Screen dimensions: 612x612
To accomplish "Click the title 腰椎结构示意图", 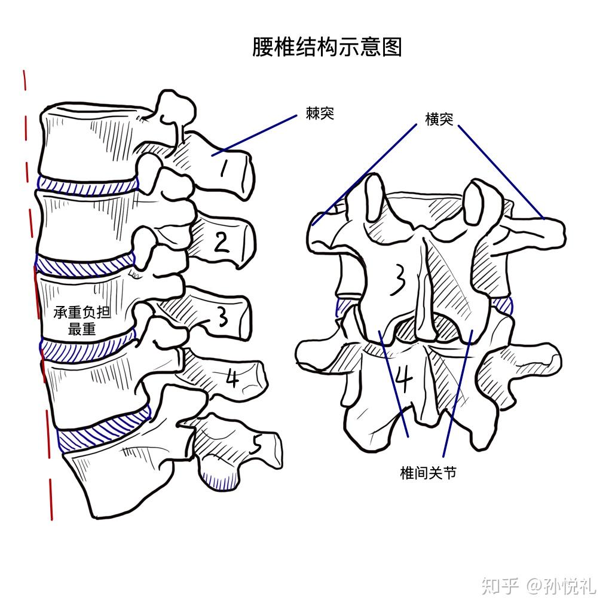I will click(326, 46).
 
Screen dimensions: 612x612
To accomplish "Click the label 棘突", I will click(320, 114).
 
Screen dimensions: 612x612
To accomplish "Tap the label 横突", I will click(439, 119).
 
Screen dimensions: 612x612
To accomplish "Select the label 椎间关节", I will click(428, 473).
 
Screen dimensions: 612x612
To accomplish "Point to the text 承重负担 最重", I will click(82, 320).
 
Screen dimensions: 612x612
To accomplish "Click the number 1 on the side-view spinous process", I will click(224, 170).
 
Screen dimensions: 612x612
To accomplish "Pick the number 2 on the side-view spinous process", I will click(222, 243).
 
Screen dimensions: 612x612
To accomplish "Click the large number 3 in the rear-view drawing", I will click(397, 280).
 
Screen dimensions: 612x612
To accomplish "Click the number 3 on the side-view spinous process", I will click(223, 317).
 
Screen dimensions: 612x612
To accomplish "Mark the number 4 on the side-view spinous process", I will click(232, 378).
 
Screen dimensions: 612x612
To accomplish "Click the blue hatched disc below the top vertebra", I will click(87, 185).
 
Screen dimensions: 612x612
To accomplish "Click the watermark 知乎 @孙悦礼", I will click(538, 586).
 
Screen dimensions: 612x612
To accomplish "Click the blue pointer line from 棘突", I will click(257, 133).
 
